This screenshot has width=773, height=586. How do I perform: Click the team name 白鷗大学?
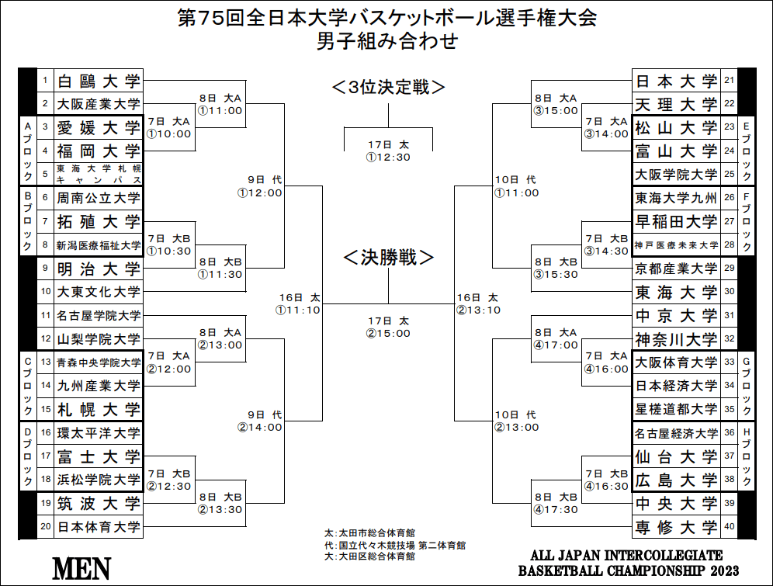[x=99, y=81]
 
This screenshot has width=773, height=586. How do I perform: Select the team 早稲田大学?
[x=676, y=222]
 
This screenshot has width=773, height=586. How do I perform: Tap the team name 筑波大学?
[x=99, y=504]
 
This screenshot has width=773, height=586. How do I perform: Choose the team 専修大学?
[x=676, y=527]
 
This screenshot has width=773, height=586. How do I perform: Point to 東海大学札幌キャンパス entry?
[x=99, y=175]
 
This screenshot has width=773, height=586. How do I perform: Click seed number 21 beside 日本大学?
[x=729, y=80]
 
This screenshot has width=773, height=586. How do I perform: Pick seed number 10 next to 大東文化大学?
[x=46, y=291]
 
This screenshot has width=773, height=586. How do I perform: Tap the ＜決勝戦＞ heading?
[x=389, y=257]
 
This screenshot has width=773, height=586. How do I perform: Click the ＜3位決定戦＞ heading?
[x=389, y=87]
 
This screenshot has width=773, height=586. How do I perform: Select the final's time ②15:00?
[x=388, y=334]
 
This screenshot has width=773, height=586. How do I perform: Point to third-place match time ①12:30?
[x=388, y=158]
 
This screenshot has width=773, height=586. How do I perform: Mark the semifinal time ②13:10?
[x=478, y=310]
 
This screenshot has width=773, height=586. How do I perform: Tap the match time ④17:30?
[x=555, y=510]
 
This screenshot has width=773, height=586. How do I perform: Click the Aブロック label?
[x=28, y=151]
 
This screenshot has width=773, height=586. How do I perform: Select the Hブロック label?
[x=747, y=456]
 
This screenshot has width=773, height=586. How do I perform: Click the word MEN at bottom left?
[x=81, y=569]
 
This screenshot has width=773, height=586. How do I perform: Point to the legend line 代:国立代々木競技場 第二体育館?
[x=395, y=545]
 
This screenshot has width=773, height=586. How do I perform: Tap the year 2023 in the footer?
[x=724, y=571]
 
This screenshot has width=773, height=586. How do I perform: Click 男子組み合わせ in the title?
[x=387, y=41]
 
